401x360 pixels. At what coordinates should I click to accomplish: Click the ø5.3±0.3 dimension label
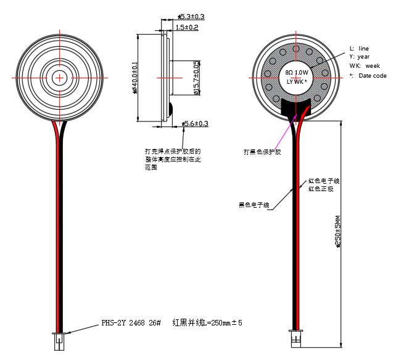191,17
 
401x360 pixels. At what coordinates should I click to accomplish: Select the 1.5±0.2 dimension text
187,28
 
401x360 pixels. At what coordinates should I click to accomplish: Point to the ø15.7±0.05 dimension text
196,78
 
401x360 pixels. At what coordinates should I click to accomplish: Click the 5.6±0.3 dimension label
196,124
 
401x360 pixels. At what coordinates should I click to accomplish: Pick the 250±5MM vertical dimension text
337,232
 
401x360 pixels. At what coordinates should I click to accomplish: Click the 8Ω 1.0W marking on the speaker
296,73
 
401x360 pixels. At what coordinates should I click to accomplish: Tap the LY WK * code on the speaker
297,81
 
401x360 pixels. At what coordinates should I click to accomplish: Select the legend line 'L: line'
359,48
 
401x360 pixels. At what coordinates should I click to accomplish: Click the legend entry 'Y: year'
359,57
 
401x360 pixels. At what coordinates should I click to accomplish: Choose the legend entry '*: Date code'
368,75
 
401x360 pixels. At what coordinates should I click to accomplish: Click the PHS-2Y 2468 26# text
131,323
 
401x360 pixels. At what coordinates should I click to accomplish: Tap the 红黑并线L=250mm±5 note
207,323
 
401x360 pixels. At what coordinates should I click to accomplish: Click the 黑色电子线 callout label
254,204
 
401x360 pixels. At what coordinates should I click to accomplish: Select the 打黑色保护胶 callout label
262,152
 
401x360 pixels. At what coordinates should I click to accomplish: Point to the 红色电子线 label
324,181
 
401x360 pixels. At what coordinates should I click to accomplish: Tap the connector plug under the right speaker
296,336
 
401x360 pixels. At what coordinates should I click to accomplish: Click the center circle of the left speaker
60,78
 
